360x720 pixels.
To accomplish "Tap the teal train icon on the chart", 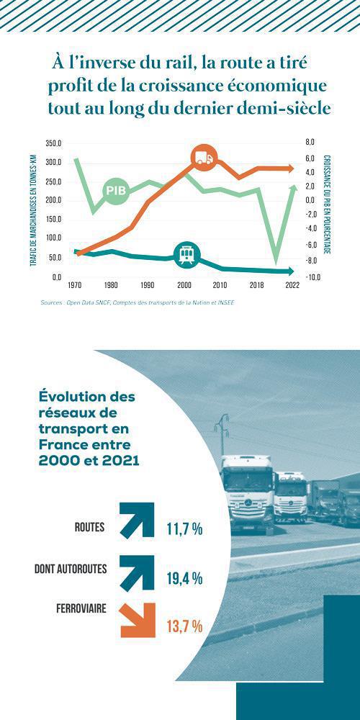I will pyautogui.click(x=187, y=254).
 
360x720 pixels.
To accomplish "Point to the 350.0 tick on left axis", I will pyautogui.click(x=53, y=143).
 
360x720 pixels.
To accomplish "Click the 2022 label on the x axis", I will pyautogui.click(x=292, y=285).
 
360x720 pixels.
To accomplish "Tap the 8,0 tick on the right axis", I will pyautogui.click(x=310, y=143).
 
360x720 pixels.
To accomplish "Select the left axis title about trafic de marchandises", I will pyautogui.click(x=33, y=210).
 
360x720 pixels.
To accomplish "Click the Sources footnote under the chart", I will pyautogui.click(x=138, y=303).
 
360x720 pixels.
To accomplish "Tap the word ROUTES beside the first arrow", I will pyautogui.click(x=89, y=527).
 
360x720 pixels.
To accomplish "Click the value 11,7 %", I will pyautogui.click(x=184, y=529).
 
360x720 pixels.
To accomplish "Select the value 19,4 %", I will pyautogui.click(x=184, y=578).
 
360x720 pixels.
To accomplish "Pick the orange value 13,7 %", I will pyautogui.click(x=184, y=626).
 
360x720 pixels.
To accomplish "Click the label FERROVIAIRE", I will pyautogui.click(x=81, y=609).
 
